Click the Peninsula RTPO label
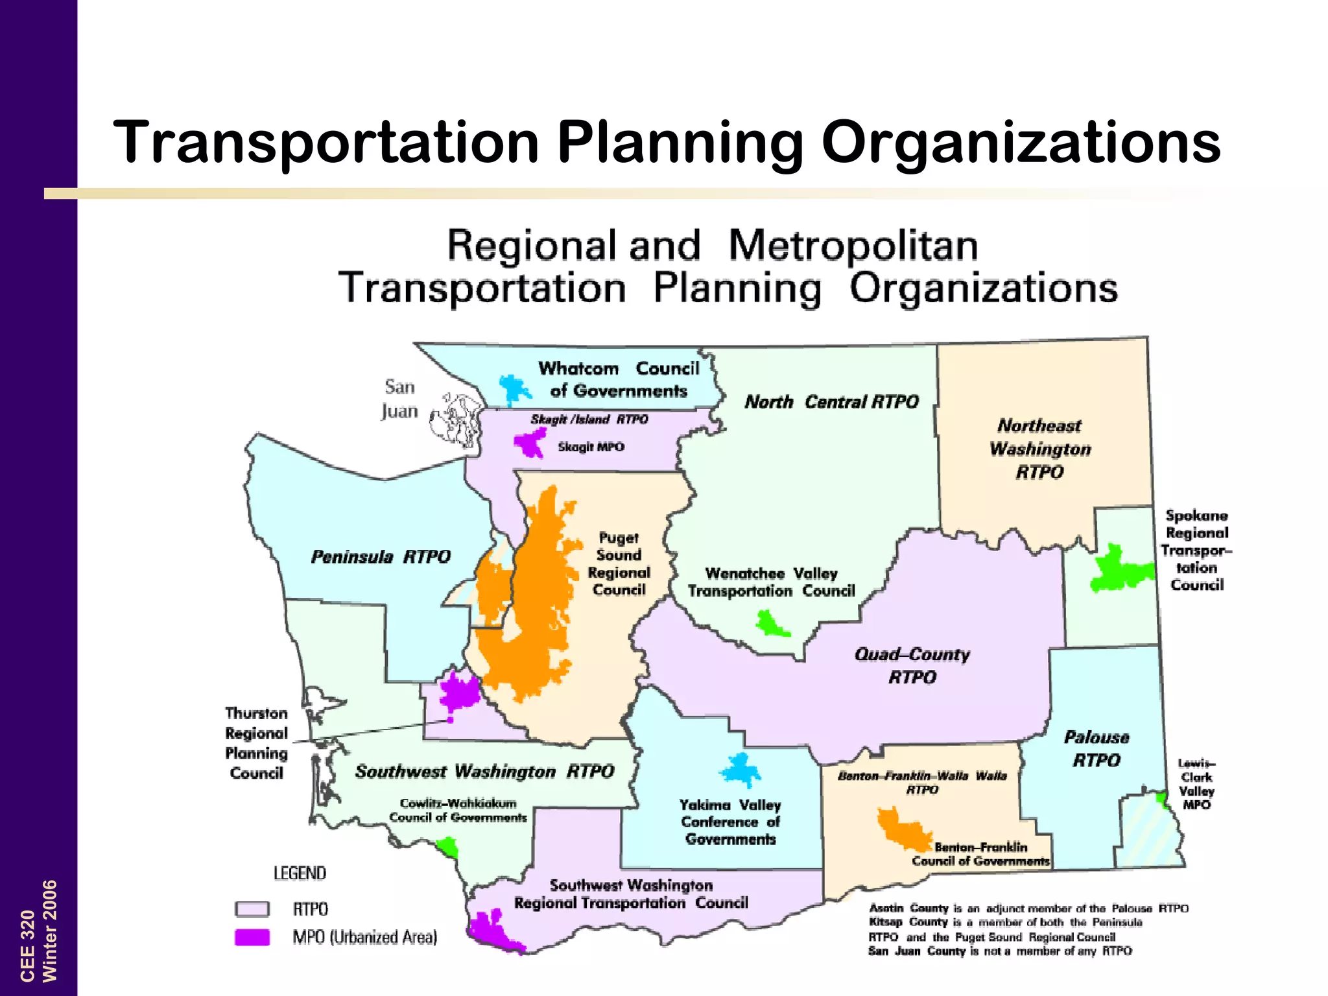(381, 557)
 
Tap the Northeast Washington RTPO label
(1040, 449)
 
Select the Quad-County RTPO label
(912, 665)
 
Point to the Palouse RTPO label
(1097, 748)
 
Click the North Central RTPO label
(831, 402)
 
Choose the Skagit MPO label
(591, 447)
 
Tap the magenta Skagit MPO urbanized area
(530, 443)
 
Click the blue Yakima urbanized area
(740, 770)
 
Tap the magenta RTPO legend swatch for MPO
(252, 938)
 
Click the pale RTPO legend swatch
(252, 909)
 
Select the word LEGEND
(300, 873)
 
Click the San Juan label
(399, 399)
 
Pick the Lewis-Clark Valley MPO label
(1196, 784)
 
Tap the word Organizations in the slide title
(1021, 142)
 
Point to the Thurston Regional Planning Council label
(257, 743)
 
